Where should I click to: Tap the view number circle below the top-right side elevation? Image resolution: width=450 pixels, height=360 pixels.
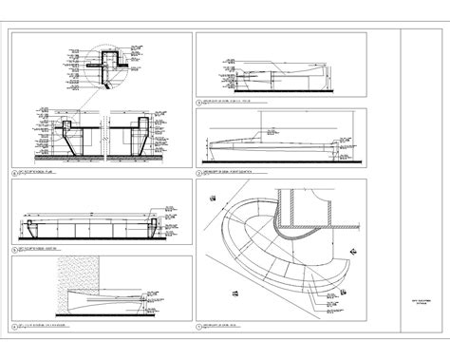pyautogui.click(x=197, y=98)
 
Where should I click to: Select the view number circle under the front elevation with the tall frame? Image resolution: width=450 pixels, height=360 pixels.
pyautogui.click(x=197, y=173)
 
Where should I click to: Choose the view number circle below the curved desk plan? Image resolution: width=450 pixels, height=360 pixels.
pyautogui.click(x=197, y=326)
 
